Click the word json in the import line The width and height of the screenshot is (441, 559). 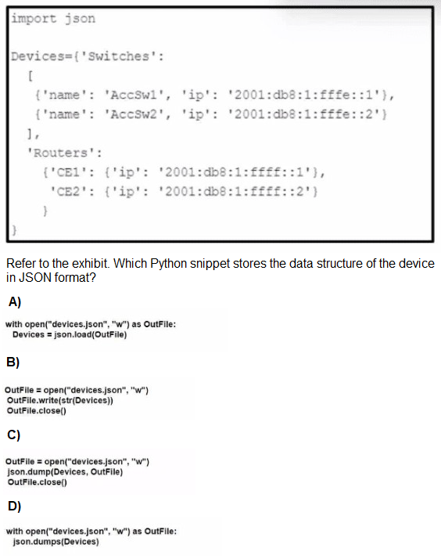pyautogui.click(x=80, y=19)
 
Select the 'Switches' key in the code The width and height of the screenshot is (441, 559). pyautogui.click(x=118, y=56)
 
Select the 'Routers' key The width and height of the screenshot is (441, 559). pyautogui.click(x=61, y=153)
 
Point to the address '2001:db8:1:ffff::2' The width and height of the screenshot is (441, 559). pyautogui.click(x=235, y=192)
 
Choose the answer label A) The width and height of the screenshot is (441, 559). pyautogui.click(x=15, y=302)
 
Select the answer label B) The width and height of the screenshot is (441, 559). pyautogui.click(x=13, y=362)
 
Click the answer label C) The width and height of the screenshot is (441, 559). pyautogui.click(x=13, y=435)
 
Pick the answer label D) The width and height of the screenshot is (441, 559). pyautogui.click(x=14, y=507)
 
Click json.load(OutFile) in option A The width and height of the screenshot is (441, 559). pyautogui.click(x=90, y=335)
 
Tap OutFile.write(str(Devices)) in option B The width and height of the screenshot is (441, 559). pyautogui.click(x=59, y=400)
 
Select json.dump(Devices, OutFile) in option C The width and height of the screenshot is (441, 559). pyautogui.click(x=65, y=472)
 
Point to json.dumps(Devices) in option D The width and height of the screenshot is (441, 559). pyautogui.click(x=56, y=542)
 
